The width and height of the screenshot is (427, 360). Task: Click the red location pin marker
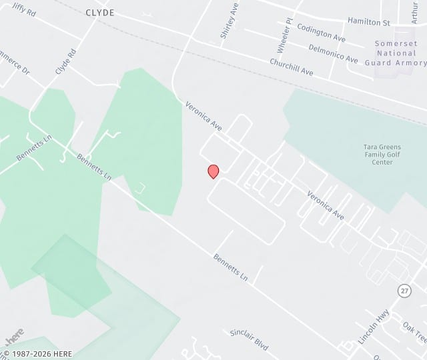[x=213, y=171]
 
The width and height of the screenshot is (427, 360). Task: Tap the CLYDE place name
[x=100, y=13]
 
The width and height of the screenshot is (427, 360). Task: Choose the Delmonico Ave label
[x=333, y=53]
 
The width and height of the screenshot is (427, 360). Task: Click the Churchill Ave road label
[x=292, y=67]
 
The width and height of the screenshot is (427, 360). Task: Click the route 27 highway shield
[x=404, y=291]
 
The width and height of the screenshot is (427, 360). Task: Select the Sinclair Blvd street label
[x=249, y=340]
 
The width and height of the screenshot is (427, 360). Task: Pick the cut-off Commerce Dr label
[x=15, y=62]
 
